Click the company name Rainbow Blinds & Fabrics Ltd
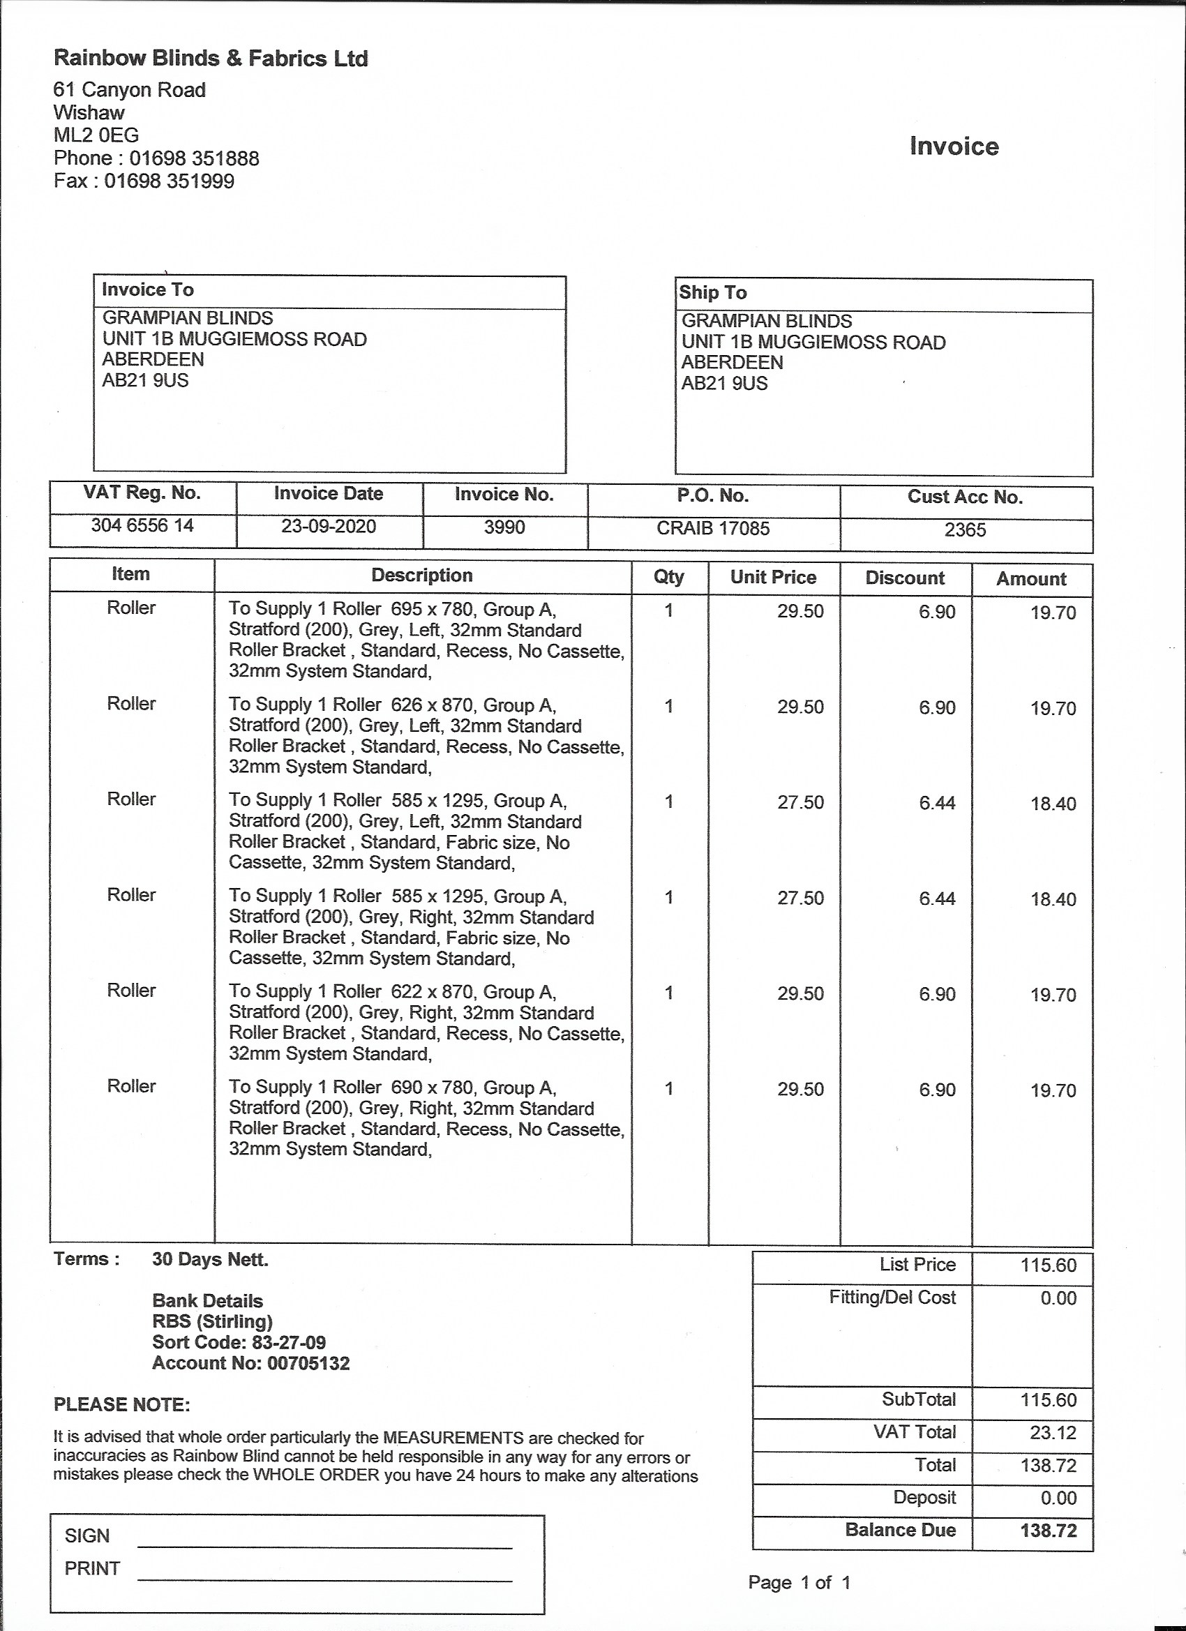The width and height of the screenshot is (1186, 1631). click(x=211, y=59)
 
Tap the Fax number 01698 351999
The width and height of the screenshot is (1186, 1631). click(x=169, y=181)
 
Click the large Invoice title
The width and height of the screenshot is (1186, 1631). click(x=954, y=146)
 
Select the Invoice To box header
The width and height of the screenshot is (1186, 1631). click(x=147, y=290)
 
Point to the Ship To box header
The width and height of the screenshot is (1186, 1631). click(x=713, y=293)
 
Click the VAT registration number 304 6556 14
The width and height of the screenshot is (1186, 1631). click(x=142, y=526)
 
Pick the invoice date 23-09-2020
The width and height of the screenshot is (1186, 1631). click(x=329, y=527)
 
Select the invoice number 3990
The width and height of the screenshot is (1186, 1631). click(x=504, y=528)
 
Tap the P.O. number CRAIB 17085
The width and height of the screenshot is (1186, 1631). click(x=713, y=529)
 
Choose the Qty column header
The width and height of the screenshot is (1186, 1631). click(x=668, y=577)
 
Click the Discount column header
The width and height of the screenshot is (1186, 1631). click(x=905, y=578)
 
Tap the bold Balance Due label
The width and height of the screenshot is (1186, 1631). click(x=901, y=1530)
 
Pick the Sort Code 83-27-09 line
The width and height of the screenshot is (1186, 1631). click(x=239, y=1343)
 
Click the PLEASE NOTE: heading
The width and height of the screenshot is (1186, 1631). click(x=121, y=1405)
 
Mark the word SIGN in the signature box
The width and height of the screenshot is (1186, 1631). click(x=87, y=1536)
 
